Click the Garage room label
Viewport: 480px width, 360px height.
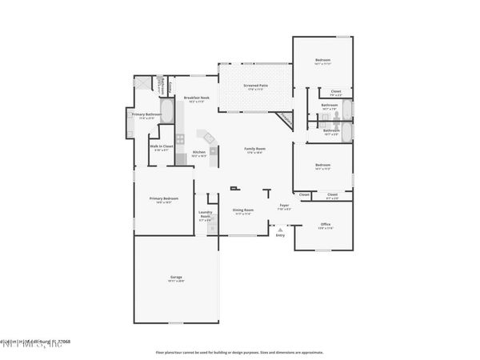[x=176, y=278]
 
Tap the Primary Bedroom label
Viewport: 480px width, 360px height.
[x=163, y=199]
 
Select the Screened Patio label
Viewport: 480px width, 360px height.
[x=255, y=86]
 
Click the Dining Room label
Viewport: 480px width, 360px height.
[x=242, y=212]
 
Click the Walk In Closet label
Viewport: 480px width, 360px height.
[x=161, y=148]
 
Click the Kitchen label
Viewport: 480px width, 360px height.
[x=199, y=154]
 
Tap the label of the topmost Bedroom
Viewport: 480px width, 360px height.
[x=322, y=62]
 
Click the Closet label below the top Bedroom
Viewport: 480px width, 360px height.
[x=336, y=93]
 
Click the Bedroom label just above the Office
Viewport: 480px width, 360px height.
[x=322, y=166]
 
